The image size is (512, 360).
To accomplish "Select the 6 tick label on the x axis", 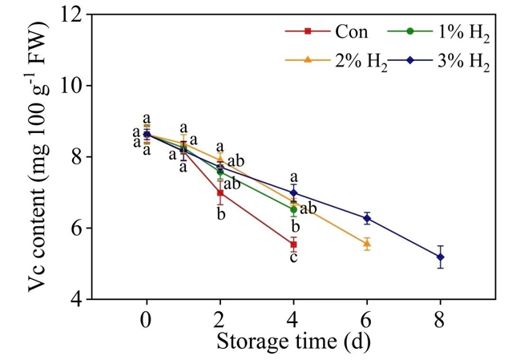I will tap(367, 320).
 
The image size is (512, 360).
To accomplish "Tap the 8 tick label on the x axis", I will tap(440, 320).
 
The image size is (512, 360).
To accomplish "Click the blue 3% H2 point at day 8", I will tap(440, 257).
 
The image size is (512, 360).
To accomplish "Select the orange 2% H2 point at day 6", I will tap(367, 243).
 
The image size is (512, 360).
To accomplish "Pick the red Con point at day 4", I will tap(294, 245).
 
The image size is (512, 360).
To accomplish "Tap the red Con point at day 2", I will tap(220, 192).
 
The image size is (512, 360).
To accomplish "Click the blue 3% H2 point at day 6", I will tap(367, 218).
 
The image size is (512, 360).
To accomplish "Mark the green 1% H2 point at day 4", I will tap(294, 209).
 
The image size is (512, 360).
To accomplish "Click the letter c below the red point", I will tap(294, 257).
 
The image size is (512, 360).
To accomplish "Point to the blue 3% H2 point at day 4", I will tap(294, 192).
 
